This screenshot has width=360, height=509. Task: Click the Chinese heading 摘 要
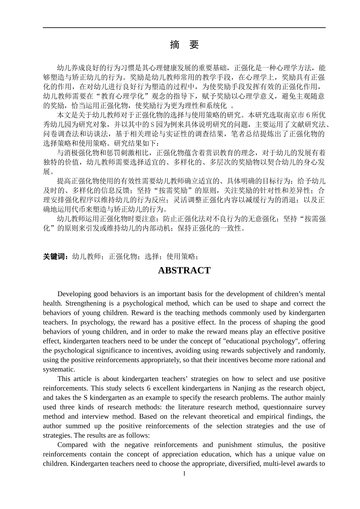point(184,45)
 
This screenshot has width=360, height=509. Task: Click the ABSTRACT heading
point(184,270)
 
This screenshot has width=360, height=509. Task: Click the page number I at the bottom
point(184,474)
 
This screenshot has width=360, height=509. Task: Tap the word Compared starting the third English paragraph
point(72,445)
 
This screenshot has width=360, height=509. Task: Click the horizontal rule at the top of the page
point(184,27)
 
